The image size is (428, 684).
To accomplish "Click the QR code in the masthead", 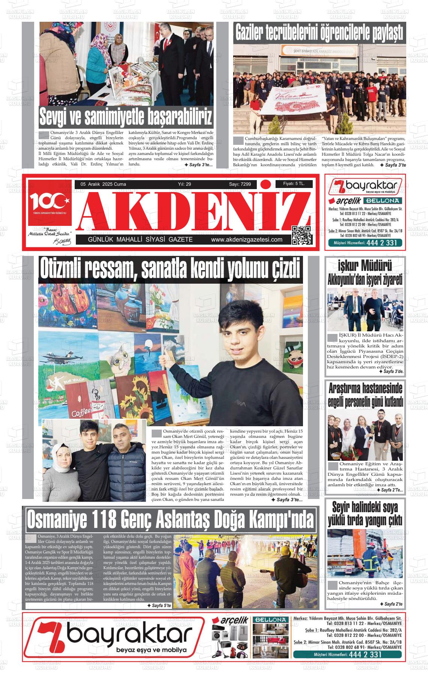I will click(302, 235).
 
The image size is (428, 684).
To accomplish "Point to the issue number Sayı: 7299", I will click(240, 184).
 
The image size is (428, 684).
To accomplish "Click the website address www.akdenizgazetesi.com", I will click(247, 240).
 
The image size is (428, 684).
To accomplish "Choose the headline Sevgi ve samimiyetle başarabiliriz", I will click(126, 117).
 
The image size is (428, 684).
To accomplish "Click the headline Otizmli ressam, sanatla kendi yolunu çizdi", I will click(170, 269).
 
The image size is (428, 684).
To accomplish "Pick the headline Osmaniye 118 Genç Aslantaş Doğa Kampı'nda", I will click(170, 520).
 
